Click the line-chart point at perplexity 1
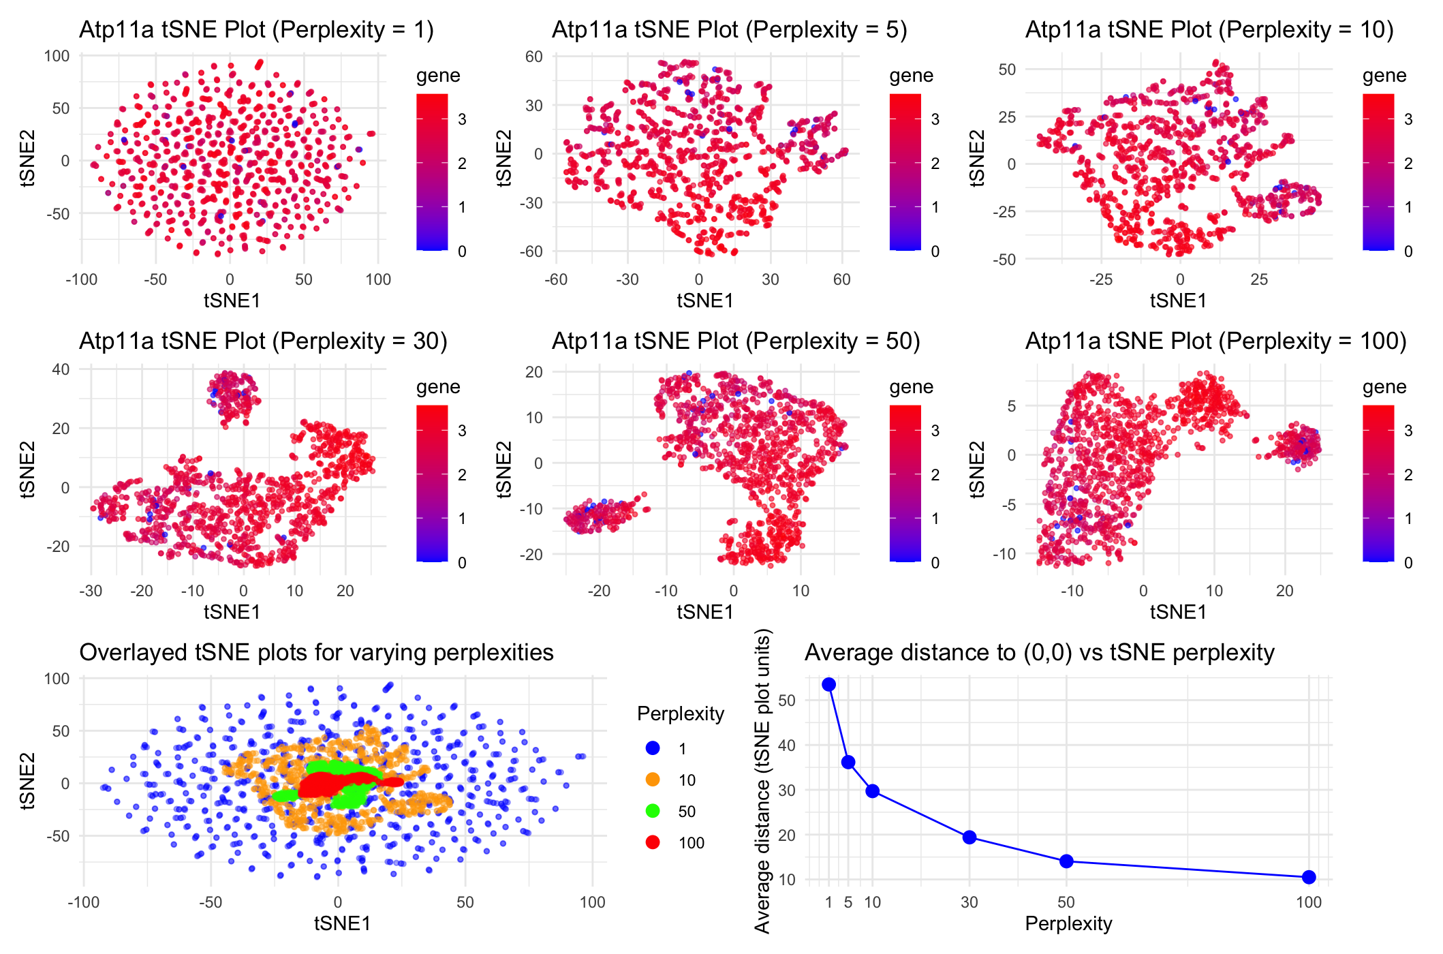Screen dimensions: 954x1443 click(828, 684)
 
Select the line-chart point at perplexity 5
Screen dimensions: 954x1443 click(848, 762)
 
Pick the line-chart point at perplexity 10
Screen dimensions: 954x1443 click(872, 791)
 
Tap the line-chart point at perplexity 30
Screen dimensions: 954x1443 click(969, 837)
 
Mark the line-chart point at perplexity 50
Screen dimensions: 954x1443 click(1066, 861)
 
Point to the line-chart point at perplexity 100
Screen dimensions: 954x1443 click(1308, 877)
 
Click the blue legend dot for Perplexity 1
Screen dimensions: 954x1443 click(653, 748)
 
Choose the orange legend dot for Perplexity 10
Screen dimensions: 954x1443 click(653, 780)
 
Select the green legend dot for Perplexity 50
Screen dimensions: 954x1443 click(653, 811)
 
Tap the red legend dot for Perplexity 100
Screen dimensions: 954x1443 click(653, 842)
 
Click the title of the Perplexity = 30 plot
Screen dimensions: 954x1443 click(263, 341)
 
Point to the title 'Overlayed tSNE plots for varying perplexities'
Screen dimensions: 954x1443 click(316, 652)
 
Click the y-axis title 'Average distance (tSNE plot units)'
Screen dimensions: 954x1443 click(762, 781)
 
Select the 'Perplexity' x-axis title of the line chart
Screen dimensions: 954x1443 click(1068, 923)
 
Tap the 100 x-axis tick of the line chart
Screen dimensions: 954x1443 click(1308, 903)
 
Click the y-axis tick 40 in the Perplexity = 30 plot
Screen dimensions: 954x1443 click(61, 369)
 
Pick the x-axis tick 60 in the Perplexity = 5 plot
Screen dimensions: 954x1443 click(841, 279)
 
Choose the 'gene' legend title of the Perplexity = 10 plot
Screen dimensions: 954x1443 click(1384, 76)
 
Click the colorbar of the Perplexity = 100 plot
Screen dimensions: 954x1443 click(1378, 483)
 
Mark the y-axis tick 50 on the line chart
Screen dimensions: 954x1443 click(787, 700)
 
